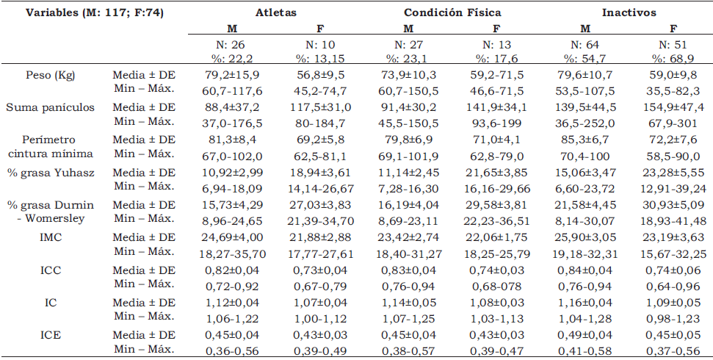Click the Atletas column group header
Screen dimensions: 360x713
coord(275,12)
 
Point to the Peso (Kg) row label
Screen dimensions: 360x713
coord(51,74)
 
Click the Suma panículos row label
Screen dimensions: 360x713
coord(51,107)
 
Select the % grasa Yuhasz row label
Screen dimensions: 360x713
coord(51,172)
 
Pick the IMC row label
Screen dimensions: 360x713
coord(51,237)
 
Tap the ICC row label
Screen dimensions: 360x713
coord(51,270)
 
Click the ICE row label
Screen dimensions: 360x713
coord(51,334)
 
